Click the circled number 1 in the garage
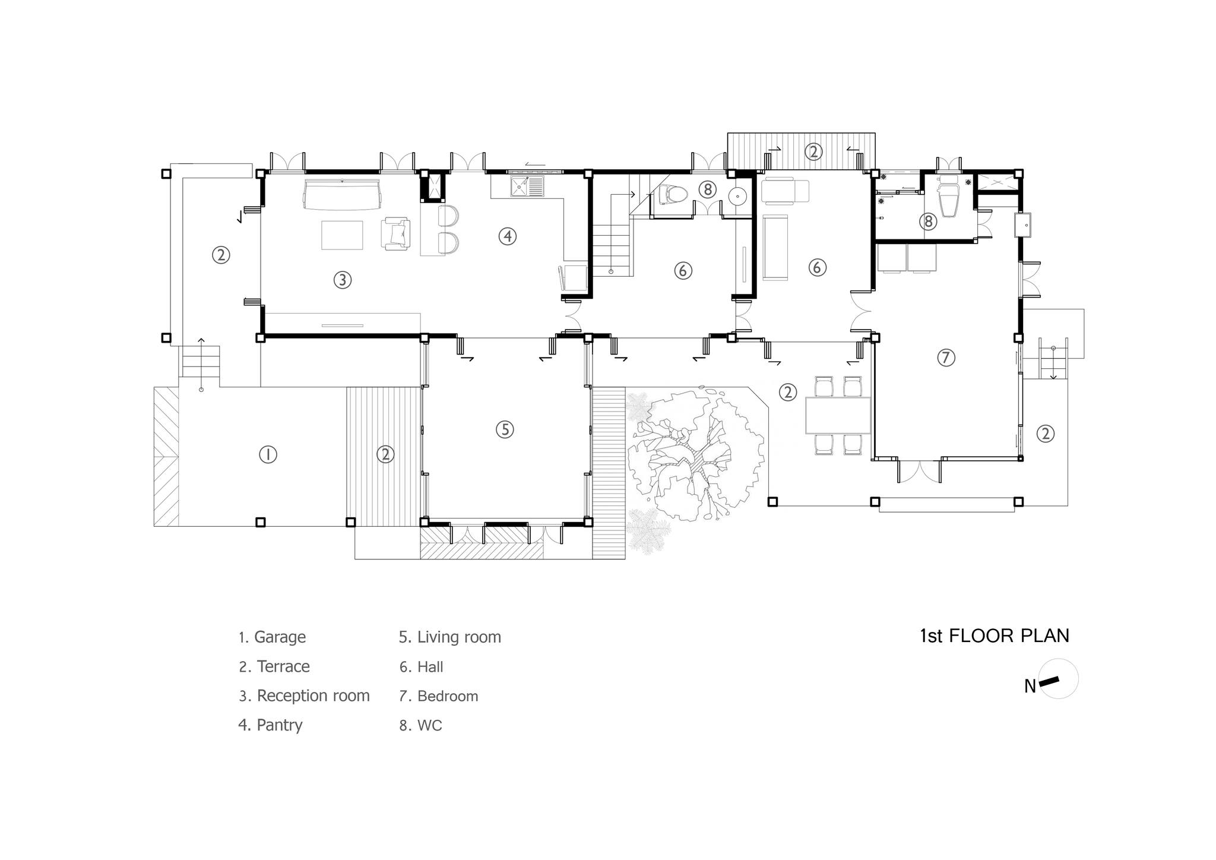(x=268, y=454)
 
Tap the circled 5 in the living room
(x=505, y=429)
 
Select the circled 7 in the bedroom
(x=946, y=358)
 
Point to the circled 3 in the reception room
(x=342, y=280)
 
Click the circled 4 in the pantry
(x=507, y=236)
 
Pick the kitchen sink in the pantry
(x=527, y=186)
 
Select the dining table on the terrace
(x=838, y=416)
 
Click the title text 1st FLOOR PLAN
(x=995, y=636)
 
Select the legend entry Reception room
(x=304, y=696)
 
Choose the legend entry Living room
(x=450, y=638)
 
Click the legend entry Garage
(x=272, y=638)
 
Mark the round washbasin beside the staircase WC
(x=737, y=195)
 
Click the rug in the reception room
(x=342, y=235)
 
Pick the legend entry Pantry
(x=271, y=726)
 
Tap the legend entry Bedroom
(x=439, y=696)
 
